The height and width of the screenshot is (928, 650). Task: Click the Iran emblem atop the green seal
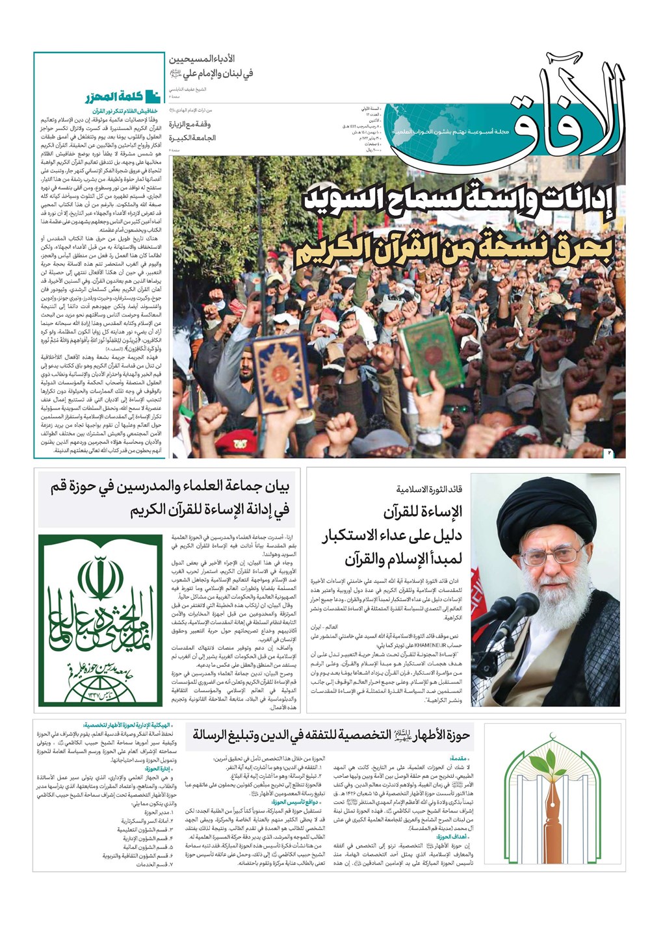[x=100, y=578]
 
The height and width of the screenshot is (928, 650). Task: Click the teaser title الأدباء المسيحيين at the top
[x=212, y=58]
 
